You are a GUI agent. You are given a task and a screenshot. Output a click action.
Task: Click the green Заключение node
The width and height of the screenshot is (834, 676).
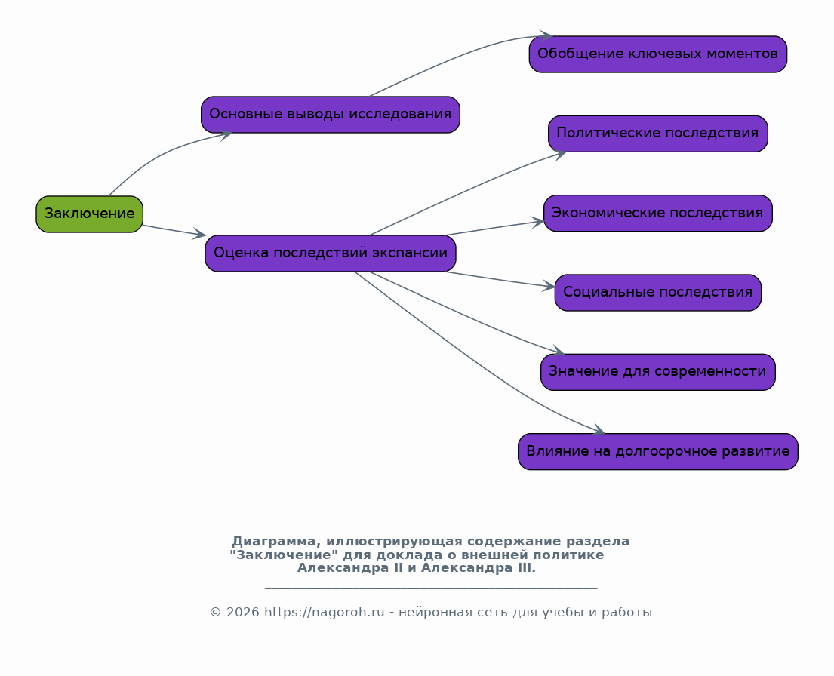89,214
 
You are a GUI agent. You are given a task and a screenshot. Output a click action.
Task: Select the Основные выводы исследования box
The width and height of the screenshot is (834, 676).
330,115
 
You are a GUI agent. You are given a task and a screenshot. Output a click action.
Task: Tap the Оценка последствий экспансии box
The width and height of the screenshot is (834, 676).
330,253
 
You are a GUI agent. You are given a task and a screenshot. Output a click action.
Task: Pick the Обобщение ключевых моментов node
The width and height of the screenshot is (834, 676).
657,54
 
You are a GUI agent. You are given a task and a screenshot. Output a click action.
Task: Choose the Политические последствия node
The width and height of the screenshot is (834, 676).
657,134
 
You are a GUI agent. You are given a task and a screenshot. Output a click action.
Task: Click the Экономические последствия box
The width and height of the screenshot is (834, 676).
657,213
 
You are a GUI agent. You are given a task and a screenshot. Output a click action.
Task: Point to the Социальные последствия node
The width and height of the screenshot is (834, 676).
657,292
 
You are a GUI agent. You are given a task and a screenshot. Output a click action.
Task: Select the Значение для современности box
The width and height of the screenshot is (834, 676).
657,372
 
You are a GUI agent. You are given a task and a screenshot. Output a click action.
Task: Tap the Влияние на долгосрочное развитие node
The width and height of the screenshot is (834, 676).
657,451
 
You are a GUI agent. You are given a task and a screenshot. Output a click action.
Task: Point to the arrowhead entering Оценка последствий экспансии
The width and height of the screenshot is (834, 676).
200,235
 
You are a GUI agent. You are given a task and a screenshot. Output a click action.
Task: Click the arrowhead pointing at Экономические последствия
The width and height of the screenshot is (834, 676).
537,222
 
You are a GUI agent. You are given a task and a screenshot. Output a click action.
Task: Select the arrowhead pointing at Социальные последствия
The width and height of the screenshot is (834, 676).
549,287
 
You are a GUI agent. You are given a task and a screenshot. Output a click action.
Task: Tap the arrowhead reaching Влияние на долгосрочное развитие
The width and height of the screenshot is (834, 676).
599,432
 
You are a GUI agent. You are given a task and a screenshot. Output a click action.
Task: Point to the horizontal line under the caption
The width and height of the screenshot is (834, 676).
431,588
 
